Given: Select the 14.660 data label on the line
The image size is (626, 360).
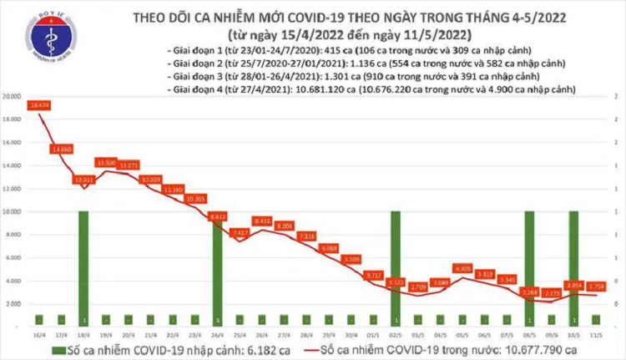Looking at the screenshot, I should pyautogui.click(x=62, y=148).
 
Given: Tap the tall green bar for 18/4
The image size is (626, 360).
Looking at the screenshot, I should pyautogui.click(x=83, y=267).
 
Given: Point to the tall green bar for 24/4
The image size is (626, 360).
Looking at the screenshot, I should pyautogui.click(x=217, y=267).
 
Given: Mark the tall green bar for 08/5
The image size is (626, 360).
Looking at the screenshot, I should pyautogui.click(x=529, y=267).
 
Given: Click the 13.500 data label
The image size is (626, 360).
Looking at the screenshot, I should pyautogui.click(x=106, y=161).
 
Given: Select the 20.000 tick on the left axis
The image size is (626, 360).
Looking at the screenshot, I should pyautogui.click(x=13, y=97).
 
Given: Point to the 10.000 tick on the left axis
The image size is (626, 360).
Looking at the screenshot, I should pyautogui.click(x=13, y=211).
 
